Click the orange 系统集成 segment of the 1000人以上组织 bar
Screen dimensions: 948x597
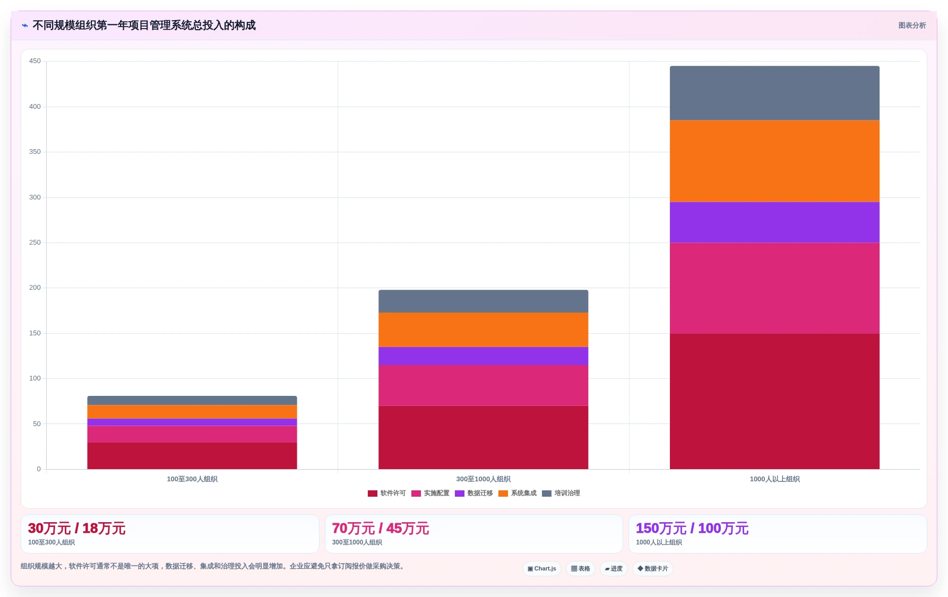coord(774,161)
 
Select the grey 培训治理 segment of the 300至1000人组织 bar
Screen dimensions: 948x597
coord(483,301)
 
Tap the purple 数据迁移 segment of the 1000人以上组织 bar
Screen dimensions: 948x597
coord(774,222)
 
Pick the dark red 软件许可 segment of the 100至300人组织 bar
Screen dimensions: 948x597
coord(192,456)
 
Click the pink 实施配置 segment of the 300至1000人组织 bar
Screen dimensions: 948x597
coord(483,385)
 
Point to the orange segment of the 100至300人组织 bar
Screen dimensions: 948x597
coord(192,412)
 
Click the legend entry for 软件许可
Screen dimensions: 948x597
coord(386,494)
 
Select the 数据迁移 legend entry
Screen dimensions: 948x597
coord(474,494)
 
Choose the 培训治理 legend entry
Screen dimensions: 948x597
coord(561,494)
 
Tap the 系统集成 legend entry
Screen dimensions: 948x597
coord(518,494)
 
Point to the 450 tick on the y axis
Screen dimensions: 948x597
coord(35,61)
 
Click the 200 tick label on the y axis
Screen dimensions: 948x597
coord(35,288)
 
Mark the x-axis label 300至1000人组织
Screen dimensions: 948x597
coord(483,479)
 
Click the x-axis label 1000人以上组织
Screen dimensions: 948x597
coord(774,479)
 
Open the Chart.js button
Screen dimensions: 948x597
coord(542,569)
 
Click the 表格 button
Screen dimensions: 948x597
coord(581,569)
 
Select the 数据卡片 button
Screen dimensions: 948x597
coord(653,569)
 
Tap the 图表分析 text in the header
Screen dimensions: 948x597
coord(912,25)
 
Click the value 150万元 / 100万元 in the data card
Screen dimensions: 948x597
coord(692,529)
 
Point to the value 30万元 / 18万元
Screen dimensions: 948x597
coord(76,529)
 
